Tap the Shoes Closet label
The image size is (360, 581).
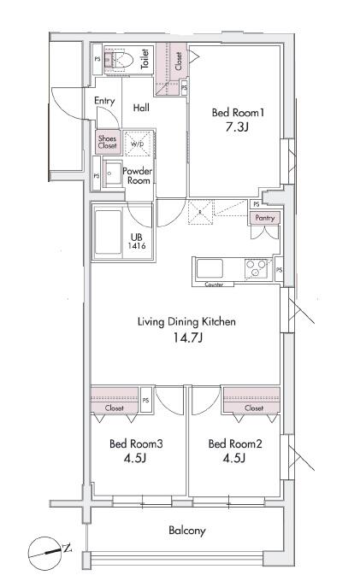[108, 142]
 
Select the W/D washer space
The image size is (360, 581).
[139, 144]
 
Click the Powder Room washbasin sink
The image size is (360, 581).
[112, 173]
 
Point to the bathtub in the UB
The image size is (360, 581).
[108, 232]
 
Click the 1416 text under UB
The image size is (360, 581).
[137, 246]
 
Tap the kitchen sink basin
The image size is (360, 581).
[210, 268]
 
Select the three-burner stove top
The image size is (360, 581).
[256, 268]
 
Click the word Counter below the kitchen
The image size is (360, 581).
[214, 285]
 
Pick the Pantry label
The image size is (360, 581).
[265, 218]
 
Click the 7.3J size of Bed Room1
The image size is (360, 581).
[237, 127]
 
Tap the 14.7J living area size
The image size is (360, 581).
[188, 337]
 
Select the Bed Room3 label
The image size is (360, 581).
[136, 443]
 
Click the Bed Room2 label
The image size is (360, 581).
[235, 443]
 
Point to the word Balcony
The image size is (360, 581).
[187, 531]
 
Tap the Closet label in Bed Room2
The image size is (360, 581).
[254, 408]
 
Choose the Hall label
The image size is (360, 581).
[141, 108]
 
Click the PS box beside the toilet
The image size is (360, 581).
[97, 59]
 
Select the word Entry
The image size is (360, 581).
[104, 101]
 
